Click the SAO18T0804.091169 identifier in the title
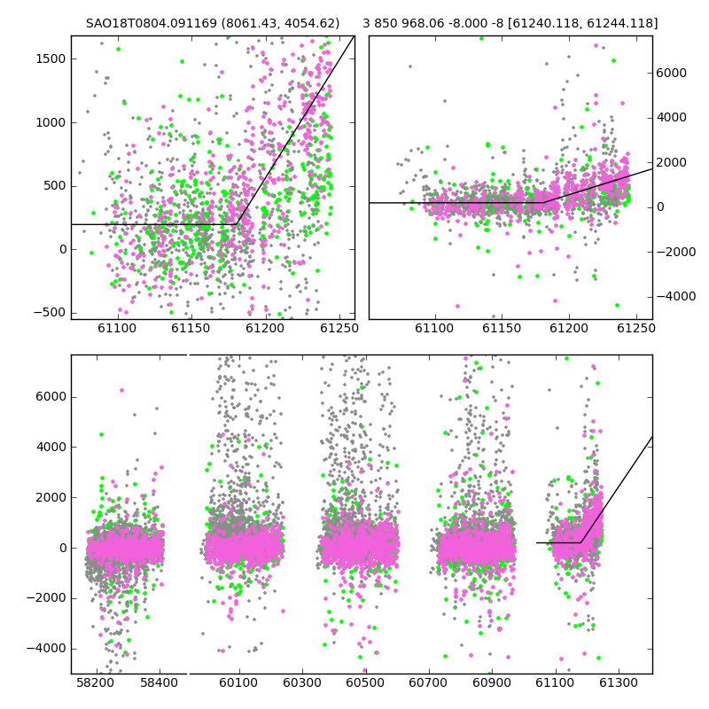point(152,23)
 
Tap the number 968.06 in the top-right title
point(418,23)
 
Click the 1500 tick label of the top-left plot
point(51,58)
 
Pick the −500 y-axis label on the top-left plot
point(50,313)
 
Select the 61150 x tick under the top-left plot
point(191,328)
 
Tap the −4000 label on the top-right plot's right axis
point(676,297)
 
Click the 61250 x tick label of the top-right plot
point(636,328)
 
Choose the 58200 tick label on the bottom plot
point(95,682)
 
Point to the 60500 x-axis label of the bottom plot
point(365,682)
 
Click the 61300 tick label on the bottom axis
point(618,682)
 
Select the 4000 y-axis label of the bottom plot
point(51,448)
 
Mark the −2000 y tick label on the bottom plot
point(46,598)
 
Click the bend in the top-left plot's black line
point(237,224)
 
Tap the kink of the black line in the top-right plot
point(543,202)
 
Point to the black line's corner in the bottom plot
point(580,542)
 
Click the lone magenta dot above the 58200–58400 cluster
point(121,390)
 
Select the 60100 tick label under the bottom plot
point(238,682)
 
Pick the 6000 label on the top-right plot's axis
point(672,73)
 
